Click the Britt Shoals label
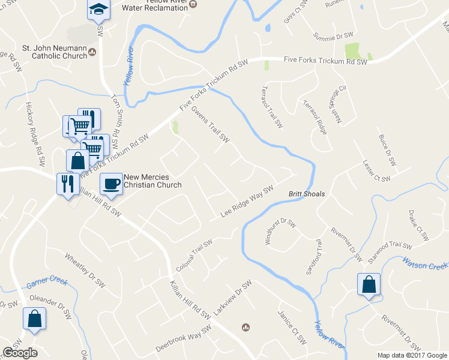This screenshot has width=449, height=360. pos(307,194)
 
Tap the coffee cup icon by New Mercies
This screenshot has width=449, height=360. pos(110,184)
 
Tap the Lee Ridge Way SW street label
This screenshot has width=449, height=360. pos(247,201)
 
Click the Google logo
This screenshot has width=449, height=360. pos(20,353)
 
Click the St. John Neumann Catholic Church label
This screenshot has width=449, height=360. pos(54,52)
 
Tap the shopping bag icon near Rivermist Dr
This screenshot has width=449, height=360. pos(369,285)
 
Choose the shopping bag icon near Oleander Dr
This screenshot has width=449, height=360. pos(34,319)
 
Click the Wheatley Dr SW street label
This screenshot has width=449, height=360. pos(85,266)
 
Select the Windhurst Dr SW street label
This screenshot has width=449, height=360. pos(281,232)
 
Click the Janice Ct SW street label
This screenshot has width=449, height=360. pos(292,327)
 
